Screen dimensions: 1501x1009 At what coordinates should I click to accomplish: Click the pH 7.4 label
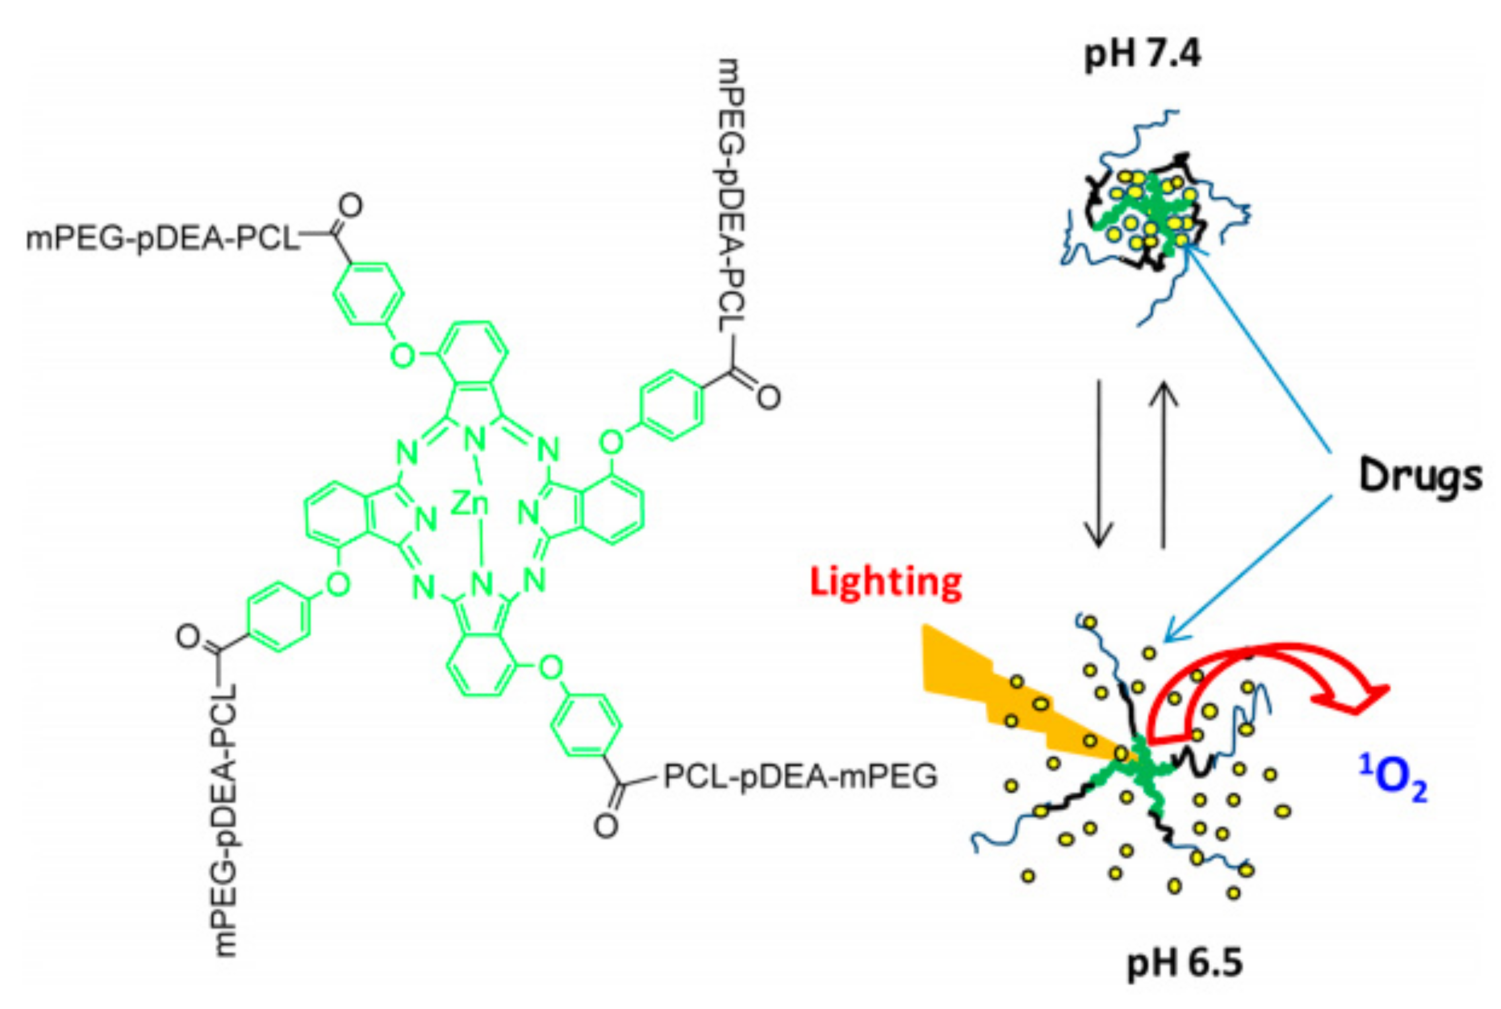pyautogui.click(x=1142, y=54)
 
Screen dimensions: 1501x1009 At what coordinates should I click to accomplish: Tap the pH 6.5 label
pyautogui.click(x=1184, y=963)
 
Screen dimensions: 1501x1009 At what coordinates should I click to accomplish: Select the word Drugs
pyautogui.click(x=1420, y=476)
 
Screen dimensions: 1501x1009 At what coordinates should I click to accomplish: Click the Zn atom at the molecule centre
pyautogui.click(x=470, y=503)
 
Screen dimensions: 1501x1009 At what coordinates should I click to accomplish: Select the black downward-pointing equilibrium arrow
pyautogui.click(x=1098, y=464)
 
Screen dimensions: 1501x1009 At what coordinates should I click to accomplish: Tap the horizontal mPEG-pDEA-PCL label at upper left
pyautogui.click(x=161, y=239)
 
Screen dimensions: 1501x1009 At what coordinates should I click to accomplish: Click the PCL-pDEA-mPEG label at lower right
pyautogui.click(x=800, y=777)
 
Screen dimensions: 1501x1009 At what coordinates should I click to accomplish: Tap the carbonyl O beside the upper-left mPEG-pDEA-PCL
pyautogui.click(x=350, y=207)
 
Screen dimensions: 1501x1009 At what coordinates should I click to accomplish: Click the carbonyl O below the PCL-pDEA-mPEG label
pyautogui.click(x=606, y=826)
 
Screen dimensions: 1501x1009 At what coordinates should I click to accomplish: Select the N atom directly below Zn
pyautogui.click(x=482, y=584)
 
